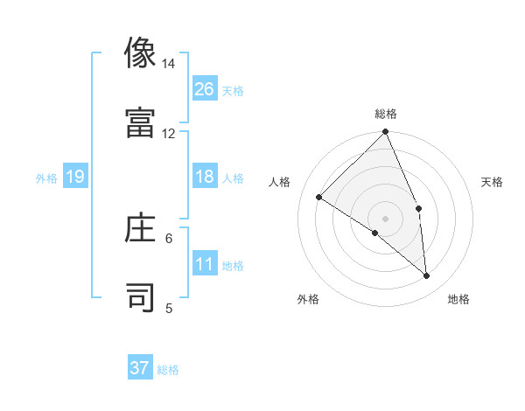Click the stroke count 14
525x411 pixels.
point(168,65)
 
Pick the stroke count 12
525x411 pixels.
point(168,134)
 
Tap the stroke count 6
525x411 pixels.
point(169,238)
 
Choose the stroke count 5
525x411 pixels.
point(169,308)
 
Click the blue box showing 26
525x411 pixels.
point(205,89)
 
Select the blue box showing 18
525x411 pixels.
point(205,177)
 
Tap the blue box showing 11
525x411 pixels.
point(205,264)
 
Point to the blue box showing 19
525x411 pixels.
point(75,177)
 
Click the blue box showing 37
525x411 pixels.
point(140,368)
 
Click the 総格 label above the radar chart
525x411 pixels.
point(386,114)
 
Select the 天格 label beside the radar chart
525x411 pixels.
point(493,182)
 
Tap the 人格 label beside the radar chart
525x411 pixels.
point(280,182)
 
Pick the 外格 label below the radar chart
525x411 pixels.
point(307,299)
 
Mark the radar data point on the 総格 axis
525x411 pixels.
point(386,133)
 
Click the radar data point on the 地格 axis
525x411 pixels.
point(426,275)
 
